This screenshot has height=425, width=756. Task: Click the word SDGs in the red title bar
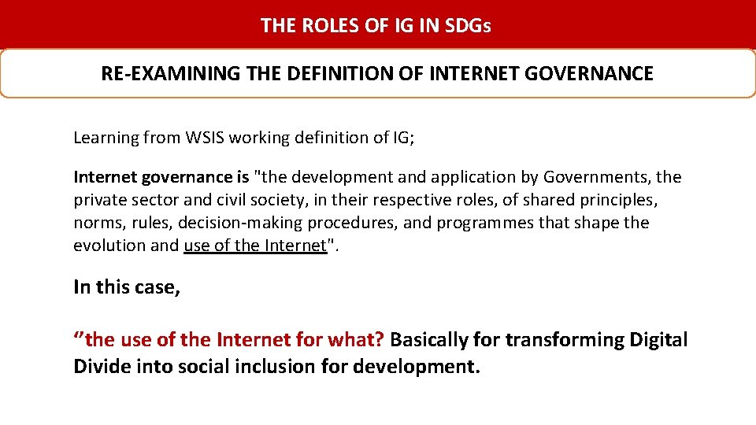(468, 25)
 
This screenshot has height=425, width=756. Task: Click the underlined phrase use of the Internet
(254, 246)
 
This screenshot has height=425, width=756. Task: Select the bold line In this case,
(127, 287)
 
